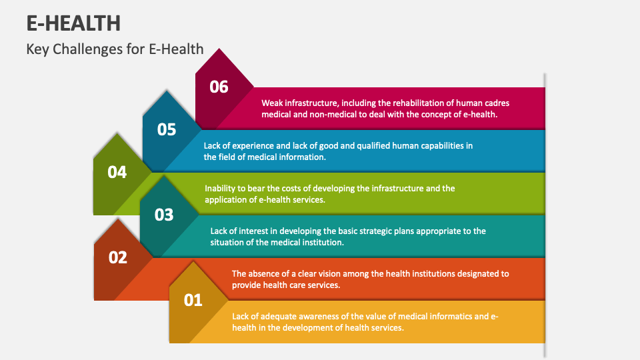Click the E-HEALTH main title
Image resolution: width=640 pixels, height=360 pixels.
click(73, 23)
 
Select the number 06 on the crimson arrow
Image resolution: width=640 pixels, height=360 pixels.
click(219, 87)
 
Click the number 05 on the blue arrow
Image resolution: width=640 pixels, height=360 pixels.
click(167, 129)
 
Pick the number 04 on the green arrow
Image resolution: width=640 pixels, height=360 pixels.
click(117, 172)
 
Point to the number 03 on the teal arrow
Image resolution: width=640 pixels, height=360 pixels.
click(164, 215)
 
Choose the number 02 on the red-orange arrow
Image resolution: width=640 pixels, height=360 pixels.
click(117, 257)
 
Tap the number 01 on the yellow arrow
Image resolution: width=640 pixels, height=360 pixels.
click(193, 300)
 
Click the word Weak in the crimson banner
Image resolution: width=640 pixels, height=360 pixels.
click(272, 103)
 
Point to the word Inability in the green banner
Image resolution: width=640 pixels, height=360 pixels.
click(221, 188)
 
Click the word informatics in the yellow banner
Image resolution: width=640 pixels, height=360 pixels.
click(454, 316)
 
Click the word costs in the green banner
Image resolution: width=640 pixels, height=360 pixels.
click(309, 188)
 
